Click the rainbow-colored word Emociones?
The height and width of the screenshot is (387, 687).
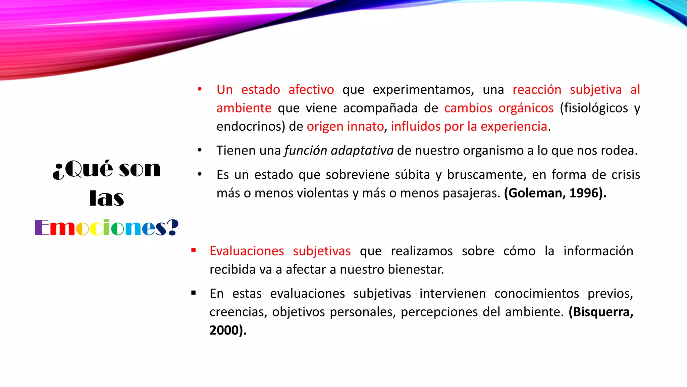(x=107, y=228)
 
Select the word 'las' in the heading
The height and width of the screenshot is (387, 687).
(x=107, y=198)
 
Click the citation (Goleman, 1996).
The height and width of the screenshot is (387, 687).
(x=555, y=193)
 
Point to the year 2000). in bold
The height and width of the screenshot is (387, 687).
(x=228, y=330)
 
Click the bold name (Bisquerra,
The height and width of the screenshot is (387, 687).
(x=601, y=312)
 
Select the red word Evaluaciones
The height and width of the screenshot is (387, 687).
(x=247, y=251)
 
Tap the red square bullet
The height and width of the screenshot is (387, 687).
(x=194, y=250)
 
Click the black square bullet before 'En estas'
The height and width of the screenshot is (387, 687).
(x=194, y=293)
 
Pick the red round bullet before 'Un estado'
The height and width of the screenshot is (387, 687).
(x=200, y=89)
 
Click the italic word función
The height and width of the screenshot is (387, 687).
(x=306, y=150)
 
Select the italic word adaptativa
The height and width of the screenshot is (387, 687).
(x=362, y=150)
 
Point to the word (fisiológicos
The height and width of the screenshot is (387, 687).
(x=594, y=108)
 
